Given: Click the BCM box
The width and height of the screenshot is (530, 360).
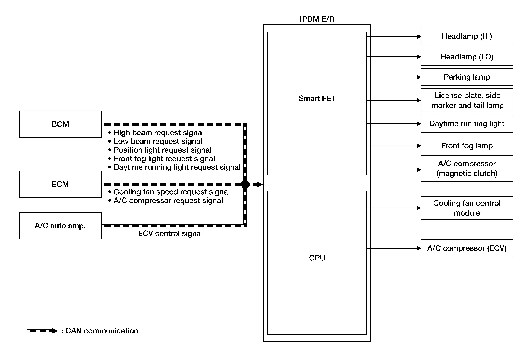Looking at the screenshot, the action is click(x=60, y=124).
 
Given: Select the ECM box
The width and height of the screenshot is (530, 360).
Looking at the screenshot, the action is click(x=60, y=184).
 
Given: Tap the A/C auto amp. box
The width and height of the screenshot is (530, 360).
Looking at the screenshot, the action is click(x=60, y=226).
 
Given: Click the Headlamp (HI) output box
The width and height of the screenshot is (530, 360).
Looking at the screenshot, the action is click(x=467, y=36).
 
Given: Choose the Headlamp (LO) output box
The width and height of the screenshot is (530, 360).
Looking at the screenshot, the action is click(x=467, y=57).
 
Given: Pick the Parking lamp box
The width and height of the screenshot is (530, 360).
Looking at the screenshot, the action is click(x=467, y=77).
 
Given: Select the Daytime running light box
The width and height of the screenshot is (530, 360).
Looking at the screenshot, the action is click(x=467, y=124).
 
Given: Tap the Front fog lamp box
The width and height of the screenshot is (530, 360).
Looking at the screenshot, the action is click(x=467, y=145).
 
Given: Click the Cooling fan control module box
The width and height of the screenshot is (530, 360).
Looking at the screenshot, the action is click(x=467, y=208).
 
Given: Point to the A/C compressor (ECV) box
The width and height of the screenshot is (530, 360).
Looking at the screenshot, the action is click(x=467, y=248).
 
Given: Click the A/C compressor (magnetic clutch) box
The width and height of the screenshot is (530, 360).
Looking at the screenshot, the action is click(x=467, y=170).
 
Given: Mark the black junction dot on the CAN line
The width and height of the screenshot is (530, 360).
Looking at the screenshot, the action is click(x=245, y=184).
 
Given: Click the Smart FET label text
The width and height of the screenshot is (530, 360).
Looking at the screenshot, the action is click(x=317, y=98).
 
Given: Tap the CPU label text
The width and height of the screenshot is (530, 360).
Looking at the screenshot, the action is click(x=317, y=258).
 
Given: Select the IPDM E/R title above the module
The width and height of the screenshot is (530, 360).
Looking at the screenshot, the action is click(x=317, y=19).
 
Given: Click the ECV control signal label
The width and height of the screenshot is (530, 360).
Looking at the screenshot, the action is click(x=170, y=233).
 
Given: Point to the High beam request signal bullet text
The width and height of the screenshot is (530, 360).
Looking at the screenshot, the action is click(x=158, y=133).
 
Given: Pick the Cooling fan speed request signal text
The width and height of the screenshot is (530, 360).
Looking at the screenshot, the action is click(x=172, y=192).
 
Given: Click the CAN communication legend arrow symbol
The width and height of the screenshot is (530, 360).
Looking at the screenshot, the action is click(x=43, y=331).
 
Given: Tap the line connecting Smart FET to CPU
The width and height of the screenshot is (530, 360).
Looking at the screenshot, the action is click(x=317, y=183).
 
